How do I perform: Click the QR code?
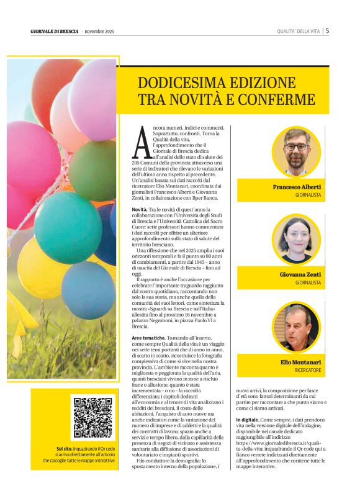click(x=93, y=417)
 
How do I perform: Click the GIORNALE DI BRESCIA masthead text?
click(x=54, y=31)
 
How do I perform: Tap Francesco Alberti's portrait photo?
click(x=295, y=152)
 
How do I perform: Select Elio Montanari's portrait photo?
click(x=295, y=328)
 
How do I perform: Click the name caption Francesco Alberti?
click(x=297, y=187)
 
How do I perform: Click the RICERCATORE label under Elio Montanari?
click(x=307, y=370)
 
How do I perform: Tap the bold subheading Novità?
click(x=139, y=210)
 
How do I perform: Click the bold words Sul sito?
click(x=63, y=448)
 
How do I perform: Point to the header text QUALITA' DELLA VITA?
click(x=297, y=31)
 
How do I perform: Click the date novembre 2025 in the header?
click(x=99, y=31)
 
